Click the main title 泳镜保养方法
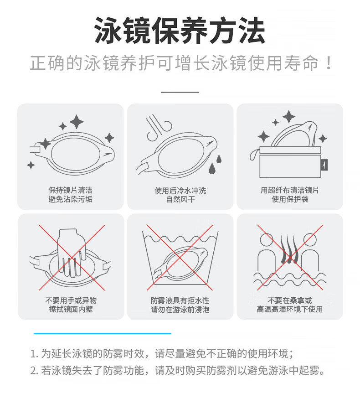180,31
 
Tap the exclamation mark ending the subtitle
329,63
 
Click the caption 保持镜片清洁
70,190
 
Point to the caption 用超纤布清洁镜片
290,190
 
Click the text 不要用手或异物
71,300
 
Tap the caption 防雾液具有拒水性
180,300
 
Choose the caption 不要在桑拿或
290,300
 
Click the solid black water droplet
212,169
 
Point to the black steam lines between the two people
290,248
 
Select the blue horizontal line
103,333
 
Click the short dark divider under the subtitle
180,92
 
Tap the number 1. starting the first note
34,354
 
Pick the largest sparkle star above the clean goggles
76,122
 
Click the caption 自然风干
180,199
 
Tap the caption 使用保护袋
290,199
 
